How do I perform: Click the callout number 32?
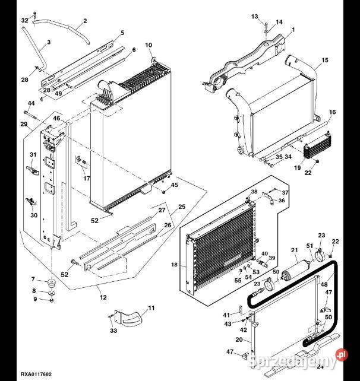pyautogui.click(x=24, y=21)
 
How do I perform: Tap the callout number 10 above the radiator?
pyautogui.click(x=149, y=45)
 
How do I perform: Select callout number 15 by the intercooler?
pyautogui.click(x=324, y=61)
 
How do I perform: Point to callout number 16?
pyautogui.click(x=332, y=112)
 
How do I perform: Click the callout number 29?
pyautogui.click(x=24, y=124)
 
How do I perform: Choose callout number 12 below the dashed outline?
pyautogui.click(x=103, y=297)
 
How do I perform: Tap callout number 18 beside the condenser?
pyautogui.click(x=175, y=265)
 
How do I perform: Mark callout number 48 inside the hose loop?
pyautogui.click(x=324, y=285)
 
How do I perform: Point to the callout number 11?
pyautogui.click(x=151, y=307)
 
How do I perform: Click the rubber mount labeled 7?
pyautogui.click(x=50, y=281)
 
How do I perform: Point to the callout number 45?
pyautogui.click(x=175, y=186)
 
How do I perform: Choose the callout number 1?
pyautogui.click(x=293, y=30)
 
